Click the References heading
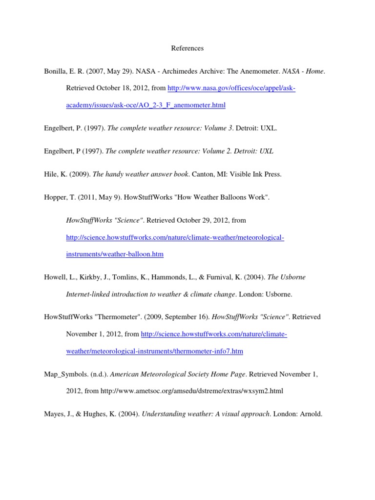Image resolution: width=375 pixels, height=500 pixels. (187, 48)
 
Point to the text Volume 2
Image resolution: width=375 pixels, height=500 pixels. (213, 151)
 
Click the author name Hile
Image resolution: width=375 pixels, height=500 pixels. (51, 174)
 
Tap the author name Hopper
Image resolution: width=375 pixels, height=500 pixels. (55, 197)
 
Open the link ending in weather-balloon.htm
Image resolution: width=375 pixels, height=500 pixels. (115, 254)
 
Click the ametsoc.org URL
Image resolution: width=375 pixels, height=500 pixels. (192, 391)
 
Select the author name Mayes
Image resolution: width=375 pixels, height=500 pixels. (53, 414)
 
